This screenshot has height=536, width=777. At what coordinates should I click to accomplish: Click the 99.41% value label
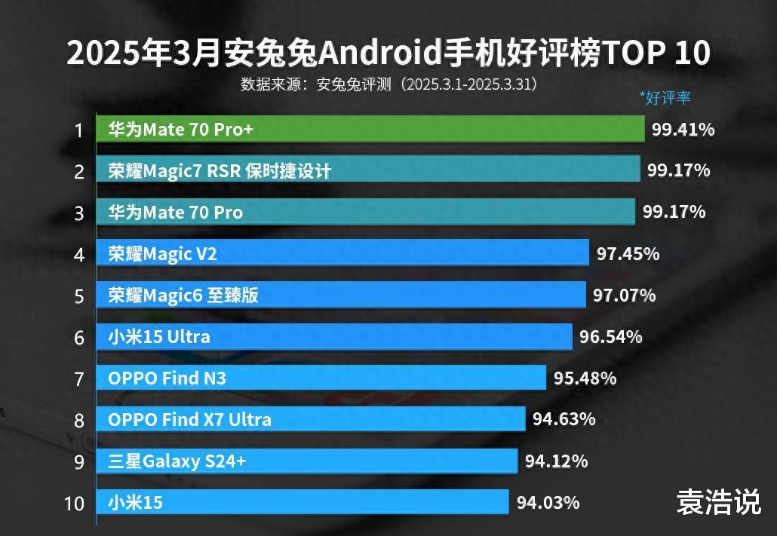[683, 130]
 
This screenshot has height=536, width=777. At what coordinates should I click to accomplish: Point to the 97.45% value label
[628, 254]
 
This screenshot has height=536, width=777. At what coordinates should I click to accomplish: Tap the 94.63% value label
[564, 418]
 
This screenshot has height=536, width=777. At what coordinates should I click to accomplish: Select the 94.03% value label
[548, 501]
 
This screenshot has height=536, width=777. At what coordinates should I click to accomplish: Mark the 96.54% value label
[610, 336]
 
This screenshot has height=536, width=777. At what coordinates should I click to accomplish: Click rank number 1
[78, 130]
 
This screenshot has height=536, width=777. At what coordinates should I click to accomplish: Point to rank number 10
[74, 503]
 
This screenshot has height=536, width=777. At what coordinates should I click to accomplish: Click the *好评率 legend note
[665, 97]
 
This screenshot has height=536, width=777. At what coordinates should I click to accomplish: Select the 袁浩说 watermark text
[718, 502]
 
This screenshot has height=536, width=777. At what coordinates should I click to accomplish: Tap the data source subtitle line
[388, 84]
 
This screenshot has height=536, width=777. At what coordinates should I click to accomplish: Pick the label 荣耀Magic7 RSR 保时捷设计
[220, 171]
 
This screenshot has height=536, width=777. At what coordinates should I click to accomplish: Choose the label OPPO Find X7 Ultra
[189, 419]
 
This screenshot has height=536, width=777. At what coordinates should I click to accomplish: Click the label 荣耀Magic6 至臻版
[183, 295]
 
